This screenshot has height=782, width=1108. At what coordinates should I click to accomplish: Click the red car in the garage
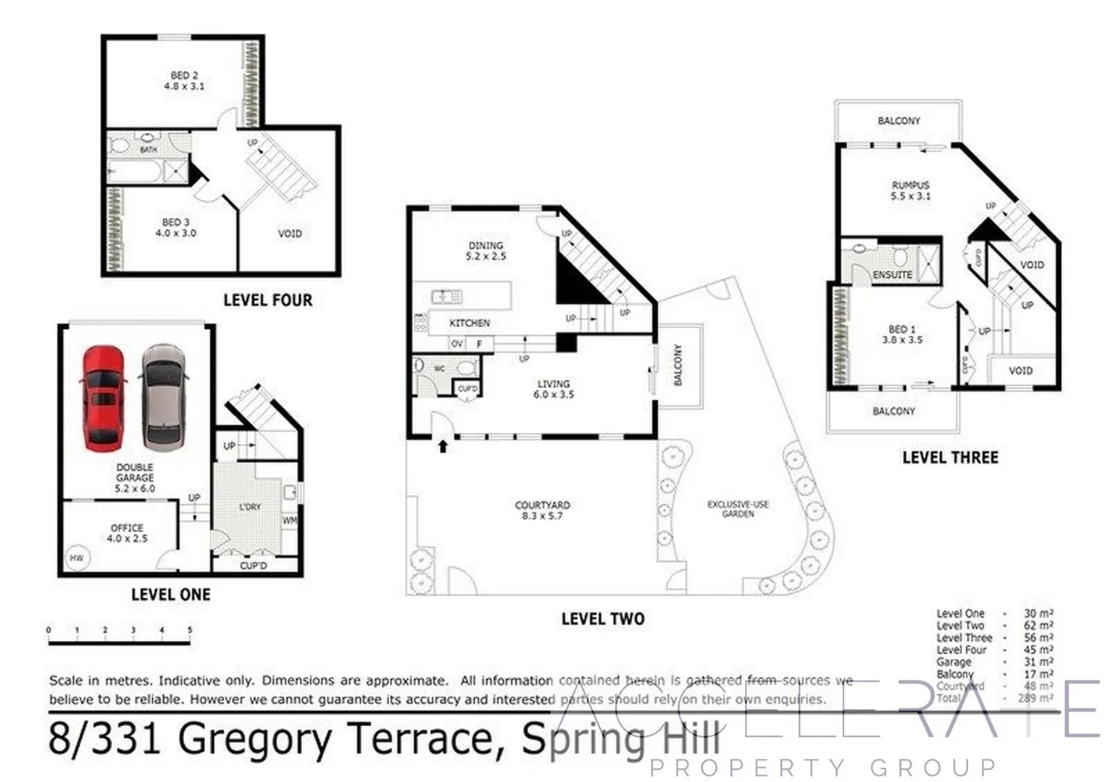pyautogui.click(x=103, y=398)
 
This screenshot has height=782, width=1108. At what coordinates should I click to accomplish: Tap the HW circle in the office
pyautogui.click(x=77, y=558)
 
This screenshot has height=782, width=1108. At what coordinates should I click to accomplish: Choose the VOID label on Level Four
pyautogui.click(x=290, y=233)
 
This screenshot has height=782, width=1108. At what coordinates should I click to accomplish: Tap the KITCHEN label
pyautogui.click(x=470, y=323)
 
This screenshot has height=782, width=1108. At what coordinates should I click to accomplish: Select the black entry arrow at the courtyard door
pyautogui.click(x=442, y=446)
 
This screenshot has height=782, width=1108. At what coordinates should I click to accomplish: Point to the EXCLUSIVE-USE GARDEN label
pyautogui.click(x=738, y=509)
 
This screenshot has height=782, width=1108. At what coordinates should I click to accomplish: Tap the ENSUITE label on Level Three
pyautogui.click(x=892, y=275)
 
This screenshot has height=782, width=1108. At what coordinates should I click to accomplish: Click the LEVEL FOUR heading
pyautogui.click(x=267, y=300)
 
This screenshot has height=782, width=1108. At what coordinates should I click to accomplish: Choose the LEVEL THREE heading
pyautogui.click(x=950, y=458)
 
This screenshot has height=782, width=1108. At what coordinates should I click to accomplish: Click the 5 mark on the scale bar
pyautogui.click(x=190, y=630)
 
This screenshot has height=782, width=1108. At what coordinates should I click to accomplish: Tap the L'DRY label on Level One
pyautogui.click(x=250, y=507)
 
